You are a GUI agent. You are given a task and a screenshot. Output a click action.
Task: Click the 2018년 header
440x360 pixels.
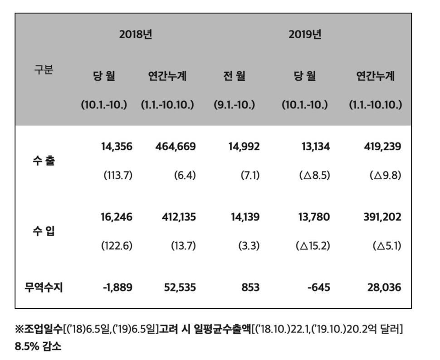click(136, 35)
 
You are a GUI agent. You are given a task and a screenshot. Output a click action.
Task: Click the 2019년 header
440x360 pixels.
click(305, 35)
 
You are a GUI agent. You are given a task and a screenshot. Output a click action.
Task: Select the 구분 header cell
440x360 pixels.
click(44, 70)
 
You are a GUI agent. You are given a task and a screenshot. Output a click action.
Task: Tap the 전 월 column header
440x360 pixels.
click(234, 76)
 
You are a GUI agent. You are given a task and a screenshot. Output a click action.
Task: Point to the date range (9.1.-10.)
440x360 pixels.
click(234, 105)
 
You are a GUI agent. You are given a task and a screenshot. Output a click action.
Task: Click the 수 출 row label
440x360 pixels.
click(44, 161)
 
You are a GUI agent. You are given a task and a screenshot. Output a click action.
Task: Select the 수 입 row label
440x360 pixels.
click(44, 231)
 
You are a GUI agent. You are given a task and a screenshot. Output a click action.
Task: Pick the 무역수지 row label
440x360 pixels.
click(44, 287)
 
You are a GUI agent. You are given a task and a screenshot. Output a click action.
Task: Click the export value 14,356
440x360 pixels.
click(116, 147)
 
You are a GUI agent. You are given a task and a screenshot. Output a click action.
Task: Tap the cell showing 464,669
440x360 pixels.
click(173, 147)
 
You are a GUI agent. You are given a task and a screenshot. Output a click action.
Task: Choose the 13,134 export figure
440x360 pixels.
click(314, 147)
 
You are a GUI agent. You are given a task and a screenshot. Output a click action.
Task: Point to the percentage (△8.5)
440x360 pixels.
click(314, 175)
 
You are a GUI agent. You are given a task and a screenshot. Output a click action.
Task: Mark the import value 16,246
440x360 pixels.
click(116, 217)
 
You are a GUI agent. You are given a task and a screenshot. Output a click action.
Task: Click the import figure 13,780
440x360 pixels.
click(314, 217)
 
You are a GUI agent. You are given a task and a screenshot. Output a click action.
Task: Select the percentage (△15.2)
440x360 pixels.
click(313, 246)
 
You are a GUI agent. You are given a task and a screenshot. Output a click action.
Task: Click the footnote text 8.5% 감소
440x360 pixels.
click(38, 347)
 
